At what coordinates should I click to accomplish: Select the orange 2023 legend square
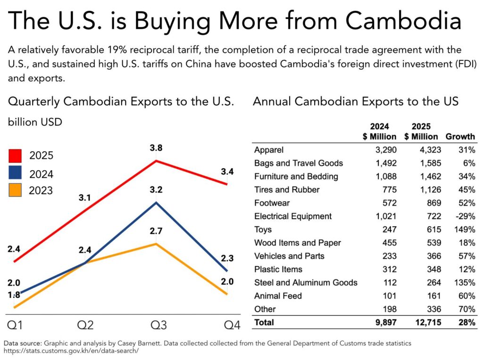[x=16, y=190]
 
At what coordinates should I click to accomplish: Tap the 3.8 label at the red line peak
[x=156, y=148]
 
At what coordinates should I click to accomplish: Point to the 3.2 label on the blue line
[x=156, y=191]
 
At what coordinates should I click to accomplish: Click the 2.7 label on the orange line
[x=156, y=231]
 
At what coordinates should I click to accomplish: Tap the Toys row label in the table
[x=263, y=229]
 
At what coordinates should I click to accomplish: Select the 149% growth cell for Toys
[x=465, y=229]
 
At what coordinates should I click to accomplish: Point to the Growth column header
[x=460, y=137]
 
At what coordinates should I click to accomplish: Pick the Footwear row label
[x=272, y=203]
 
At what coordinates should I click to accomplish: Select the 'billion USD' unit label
[x=35, y=122]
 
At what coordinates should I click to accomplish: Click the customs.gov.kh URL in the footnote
[x=71, y=351]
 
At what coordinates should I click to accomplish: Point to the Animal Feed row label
[x=278, y=296]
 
